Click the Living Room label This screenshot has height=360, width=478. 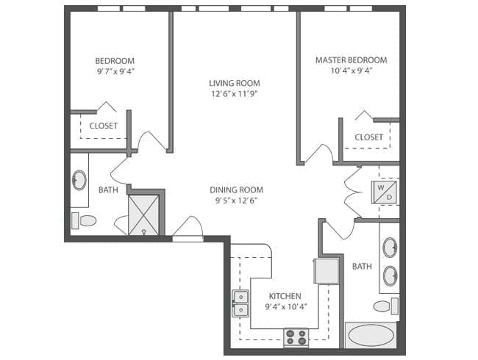coord(235,83)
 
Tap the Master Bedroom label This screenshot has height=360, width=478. coord(351,60)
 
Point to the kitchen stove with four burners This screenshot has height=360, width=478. coord(296,337)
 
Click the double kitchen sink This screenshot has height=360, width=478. coord(240,303)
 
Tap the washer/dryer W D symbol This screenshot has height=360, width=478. coord(388,192)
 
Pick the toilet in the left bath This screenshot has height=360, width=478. coord(86,220)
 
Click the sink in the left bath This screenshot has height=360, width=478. coord(79,180)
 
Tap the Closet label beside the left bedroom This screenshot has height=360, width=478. coord(103,126)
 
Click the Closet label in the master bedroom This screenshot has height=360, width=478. coord(368,137)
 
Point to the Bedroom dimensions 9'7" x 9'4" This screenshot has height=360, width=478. coord(115,71)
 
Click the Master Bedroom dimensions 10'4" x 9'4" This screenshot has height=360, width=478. coord(351,71)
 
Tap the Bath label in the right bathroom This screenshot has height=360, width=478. coord(361,266)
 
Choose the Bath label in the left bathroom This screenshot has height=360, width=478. coord(108,190)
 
